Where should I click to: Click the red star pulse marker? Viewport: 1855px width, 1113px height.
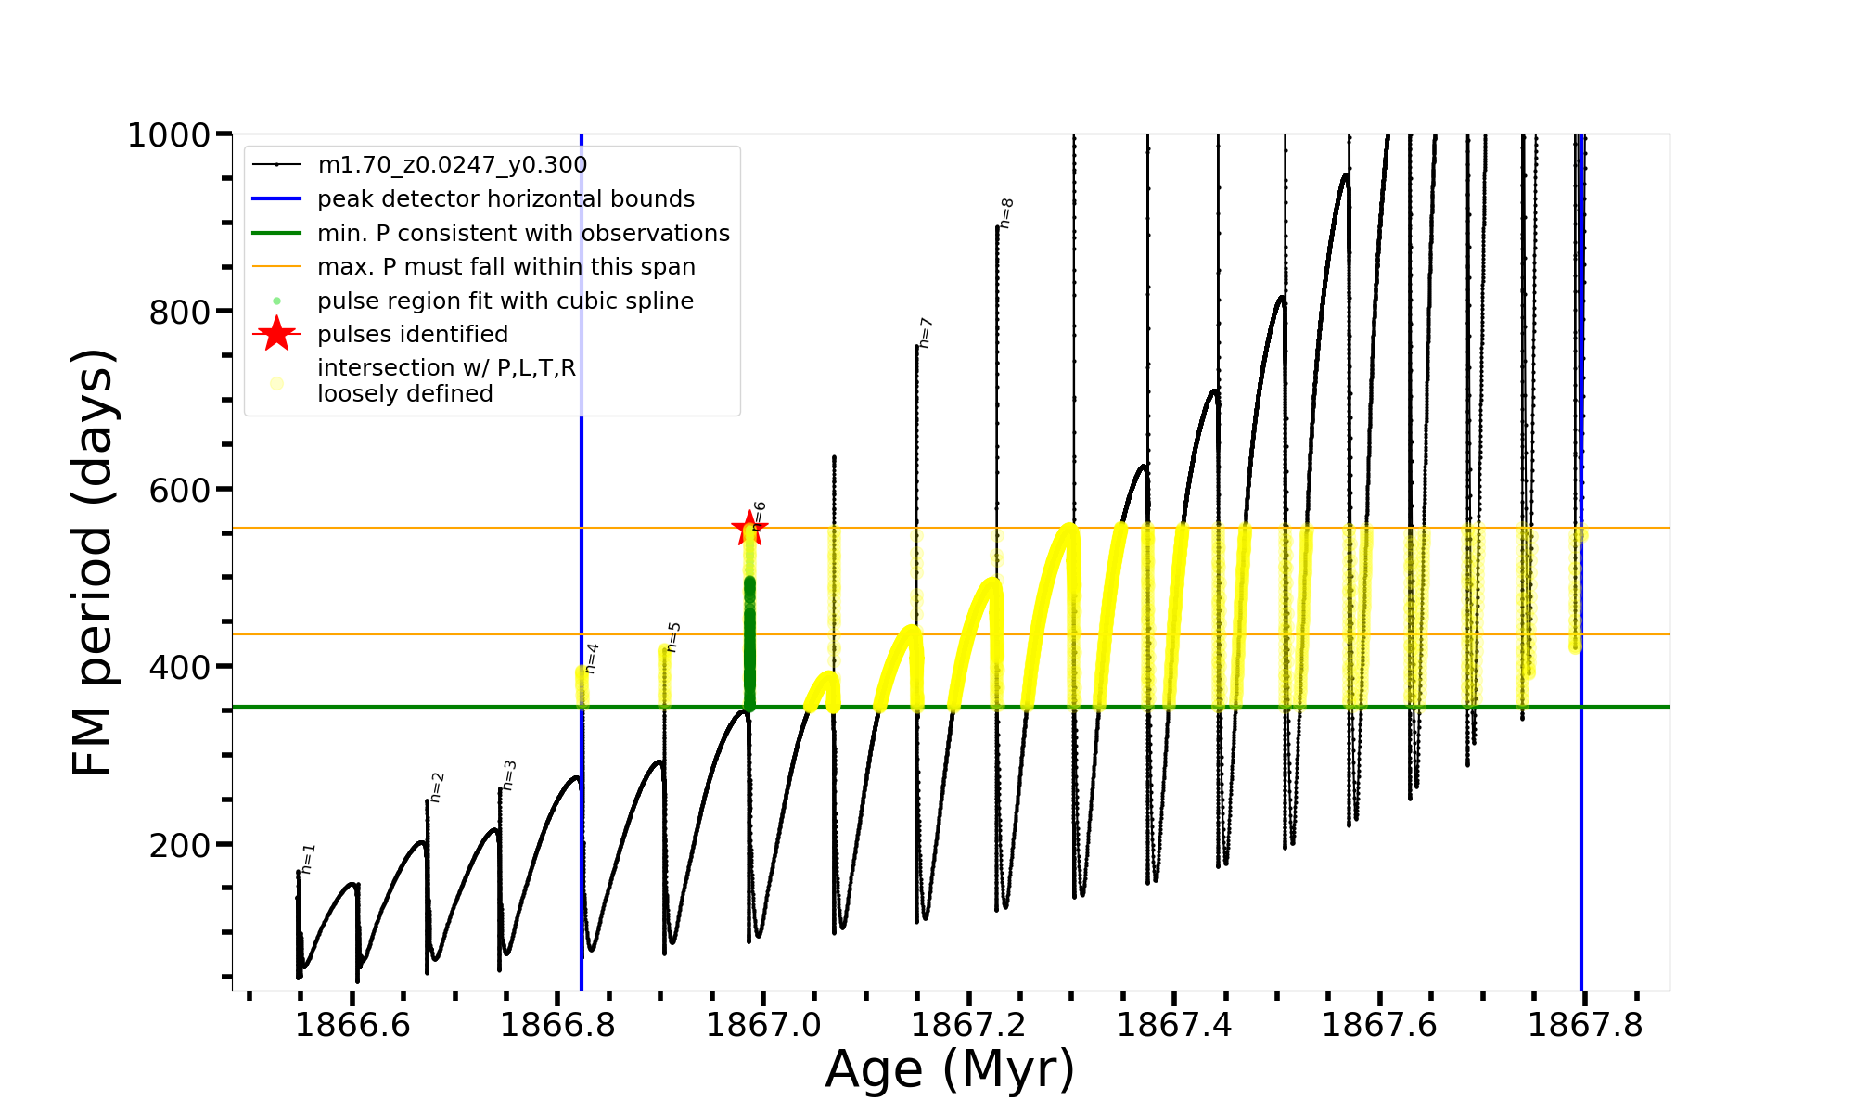tap(748, 529)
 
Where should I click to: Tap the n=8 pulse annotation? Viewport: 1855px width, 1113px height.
tap(1007, 212)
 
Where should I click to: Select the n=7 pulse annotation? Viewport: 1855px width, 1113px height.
tap(926, 333)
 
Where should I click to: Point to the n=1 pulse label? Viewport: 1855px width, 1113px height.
tap(308, 858)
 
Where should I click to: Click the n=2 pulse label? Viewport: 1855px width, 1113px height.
tap(437, 787)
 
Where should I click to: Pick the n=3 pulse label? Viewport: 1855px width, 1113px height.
tap(509, 774)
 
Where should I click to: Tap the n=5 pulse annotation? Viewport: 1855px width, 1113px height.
tap(673, 636)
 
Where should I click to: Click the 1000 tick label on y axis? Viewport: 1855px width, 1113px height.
tap(169, 135)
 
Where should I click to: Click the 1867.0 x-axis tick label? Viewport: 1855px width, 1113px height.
tap(763, 1025)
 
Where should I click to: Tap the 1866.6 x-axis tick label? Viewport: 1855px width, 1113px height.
tap(352, 1025)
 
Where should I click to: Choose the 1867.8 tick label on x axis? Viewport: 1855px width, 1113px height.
tap(1585, 1025)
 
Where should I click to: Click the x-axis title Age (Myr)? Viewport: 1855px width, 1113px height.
tap(950, 1069)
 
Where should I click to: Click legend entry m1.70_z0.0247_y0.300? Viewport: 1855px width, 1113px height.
tap(452, 165)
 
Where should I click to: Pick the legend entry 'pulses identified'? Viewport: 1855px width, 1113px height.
tap(413, 334)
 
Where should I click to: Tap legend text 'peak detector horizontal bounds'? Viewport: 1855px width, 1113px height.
tap(505, 199)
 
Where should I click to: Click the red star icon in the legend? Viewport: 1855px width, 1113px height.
tap(276, 334)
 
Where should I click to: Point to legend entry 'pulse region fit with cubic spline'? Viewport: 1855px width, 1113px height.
tap(505, 301)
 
